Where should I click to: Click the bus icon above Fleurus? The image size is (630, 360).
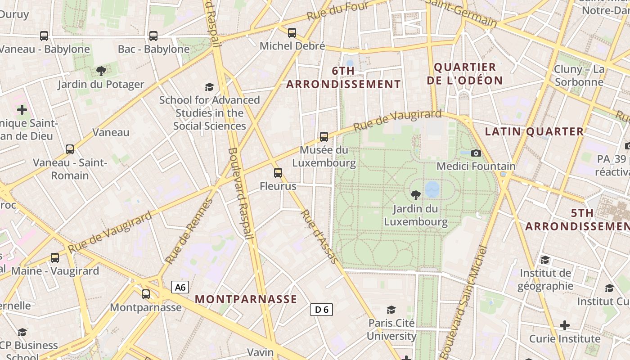coord(278,172)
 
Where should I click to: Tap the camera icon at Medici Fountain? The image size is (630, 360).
coord(476,153)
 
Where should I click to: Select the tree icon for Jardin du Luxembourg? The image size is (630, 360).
coord(416,195)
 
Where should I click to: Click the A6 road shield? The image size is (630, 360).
coord(180,288)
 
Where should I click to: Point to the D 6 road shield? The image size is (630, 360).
coord(321,309)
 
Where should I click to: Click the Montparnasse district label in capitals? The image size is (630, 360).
coord(246,299)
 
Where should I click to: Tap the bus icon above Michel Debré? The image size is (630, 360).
coord(292,32)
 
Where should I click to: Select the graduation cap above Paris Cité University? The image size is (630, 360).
coord(391,310)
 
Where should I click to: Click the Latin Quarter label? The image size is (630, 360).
coord(534,131)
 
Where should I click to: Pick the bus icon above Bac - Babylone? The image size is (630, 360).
coord(153,36)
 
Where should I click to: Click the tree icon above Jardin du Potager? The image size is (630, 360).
coord(101,71)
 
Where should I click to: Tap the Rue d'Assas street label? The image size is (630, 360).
coord(319,236)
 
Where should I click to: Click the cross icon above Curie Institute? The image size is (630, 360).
coord(565,325)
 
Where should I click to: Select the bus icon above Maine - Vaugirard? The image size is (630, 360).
coord(55,258)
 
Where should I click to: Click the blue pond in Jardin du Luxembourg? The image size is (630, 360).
coord(432,189)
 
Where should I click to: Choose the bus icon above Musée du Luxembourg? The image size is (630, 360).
coord(324,136)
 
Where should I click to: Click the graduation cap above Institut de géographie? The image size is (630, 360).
coord(545,260)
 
